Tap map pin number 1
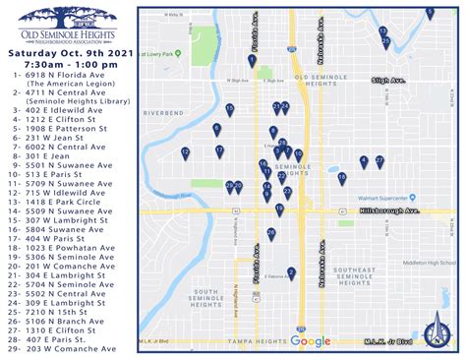(x=253, y=61)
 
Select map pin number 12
(x=185, y=152)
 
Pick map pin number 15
(x=229, y=109)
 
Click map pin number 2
(x=286, y=107)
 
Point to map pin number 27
(x=379, y=160)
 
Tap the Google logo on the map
(x=311, y=341)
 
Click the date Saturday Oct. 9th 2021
(x=69, y=53)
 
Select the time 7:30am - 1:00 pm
(x=69, y=65)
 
